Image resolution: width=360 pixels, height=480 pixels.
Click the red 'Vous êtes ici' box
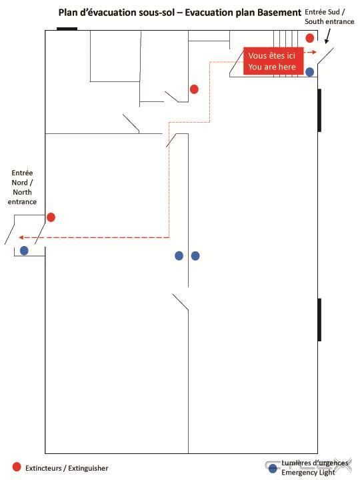click(x=273, y=61)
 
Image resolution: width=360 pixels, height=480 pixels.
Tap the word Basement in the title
click(x=279, y=13)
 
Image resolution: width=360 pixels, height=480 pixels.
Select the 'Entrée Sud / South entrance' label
click(x=329, y=17)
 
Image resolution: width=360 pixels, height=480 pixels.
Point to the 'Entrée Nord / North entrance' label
click(x=22, y=187)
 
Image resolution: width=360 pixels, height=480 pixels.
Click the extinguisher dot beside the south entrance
click(x=310, y=38)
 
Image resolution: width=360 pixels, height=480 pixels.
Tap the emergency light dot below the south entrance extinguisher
click(x=310, y=72)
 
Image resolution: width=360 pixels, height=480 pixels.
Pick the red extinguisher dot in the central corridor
click(x=194, y=89)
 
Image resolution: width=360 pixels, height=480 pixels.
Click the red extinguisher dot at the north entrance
click(x=51, y=217)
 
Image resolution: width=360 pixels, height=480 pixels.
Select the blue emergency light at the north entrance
click(x=24, y=251)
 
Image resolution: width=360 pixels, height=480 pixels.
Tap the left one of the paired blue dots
click(x=179, y=255)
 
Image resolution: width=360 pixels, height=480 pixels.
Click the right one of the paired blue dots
click(x=195, y=255)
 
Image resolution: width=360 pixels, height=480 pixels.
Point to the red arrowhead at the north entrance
click(x=21, y=237)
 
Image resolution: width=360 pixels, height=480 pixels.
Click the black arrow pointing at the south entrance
click(x=328, y=36)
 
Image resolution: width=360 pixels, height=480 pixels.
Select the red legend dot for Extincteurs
click(x=17, y=467)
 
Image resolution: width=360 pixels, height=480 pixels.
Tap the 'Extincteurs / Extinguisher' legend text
click(x=67, y=469)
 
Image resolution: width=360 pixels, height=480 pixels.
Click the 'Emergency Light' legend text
click(x=308, y=473)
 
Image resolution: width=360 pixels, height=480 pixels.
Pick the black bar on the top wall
click(x=67, y=29)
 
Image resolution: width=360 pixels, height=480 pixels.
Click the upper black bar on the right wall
click(x=319, y=110)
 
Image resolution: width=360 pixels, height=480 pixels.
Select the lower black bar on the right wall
click(x=319, y=319)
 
